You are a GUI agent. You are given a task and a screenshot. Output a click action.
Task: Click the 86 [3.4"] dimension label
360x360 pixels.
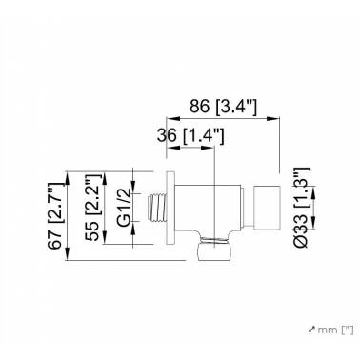[x=223, y=106]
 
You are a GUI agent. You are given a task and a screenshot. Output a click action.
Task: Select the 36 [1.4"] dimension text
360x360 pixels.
[x=190, y=136]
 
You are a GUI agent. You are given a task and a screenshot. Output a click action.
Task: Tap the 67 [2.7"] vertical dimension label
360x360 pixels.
[x=54, y=216]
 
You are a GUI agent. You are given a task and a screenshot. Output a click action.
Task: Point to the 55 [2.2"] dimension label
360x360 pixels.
[x=92, y=208]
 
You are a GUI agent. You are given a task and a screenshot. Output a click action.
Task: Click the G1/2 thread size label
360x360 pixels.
[x=124, y=208]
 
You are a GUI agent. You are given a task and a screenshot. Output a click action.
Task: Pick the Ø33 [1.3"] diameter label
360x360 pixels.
[x=301, y=208]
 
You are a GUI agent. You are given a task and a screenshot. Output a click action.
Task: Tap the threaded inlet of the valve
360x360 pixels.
[x=157, y=208]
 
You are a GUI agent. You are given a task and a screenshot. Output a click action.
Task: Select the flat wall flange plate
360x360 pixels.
[x=170, y=208]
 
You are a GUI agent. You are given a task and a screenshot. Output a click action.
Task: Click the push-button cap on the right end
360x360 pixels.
[x=267, y=208]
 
